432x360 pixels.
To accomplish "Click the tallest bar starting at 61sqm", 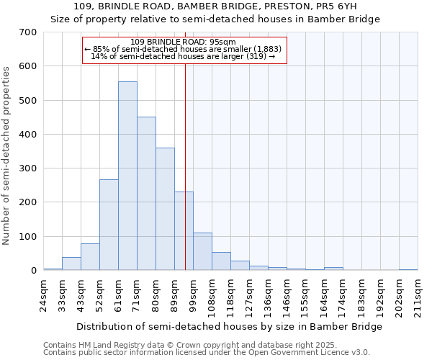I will tap(127, 176).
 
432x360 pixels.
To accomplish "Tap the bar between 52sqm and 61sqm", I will tap(109, 225).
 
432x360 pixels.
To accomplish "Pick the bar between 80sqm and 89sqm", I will tap(165, 209).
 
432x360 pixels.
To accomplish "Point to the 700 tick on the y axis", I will tap(28, 32).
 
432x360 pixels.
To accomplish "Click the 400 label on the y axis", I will tap(28, 135).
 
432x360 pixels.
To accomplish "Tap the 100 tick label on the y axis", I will tap(28, 237).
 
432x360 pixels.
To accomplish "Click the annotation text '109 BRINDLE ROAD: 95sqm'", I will tap(184, 42).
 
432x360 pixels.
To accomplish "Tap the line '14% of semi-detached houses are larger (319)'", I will tap(184, 57).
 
